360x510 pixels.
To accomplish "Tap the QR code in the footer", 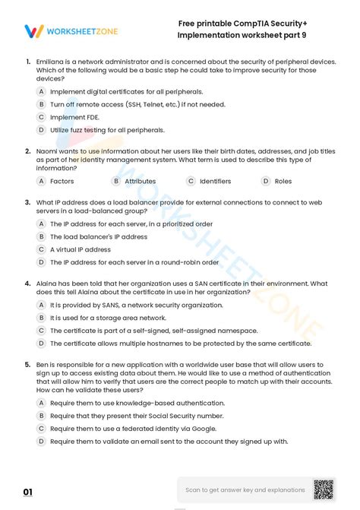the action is [324, 489].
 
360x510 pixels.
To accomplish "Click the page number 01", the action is [28, 493].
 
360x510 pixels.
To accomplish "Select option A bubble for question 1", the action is [42, 91].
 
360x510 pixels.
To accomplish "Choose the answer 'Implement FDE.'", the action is [74, 117].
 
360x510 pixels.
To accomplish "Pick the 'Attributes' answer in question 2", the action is [140, 181].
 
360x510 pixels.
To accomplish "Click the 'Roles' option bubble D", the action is [267, 181].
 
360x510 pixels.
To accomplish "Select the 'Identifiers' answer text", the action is [215, 181].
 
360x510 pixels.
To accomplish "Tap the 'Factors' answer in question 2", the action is [62, 181].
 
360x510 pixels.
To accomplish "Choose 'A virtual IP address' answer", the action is [80, 249].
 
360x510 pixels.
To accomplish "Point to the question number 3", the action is [27, 203].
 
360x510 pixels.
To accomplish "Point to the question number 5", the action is [27, 364].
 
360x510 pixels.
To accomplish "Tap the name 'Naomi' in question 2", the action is [48, 151].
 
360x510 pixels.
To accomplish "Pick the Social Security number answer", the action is [137, 416].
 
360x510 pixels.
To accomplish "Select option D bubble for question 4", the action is [42, 344].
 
